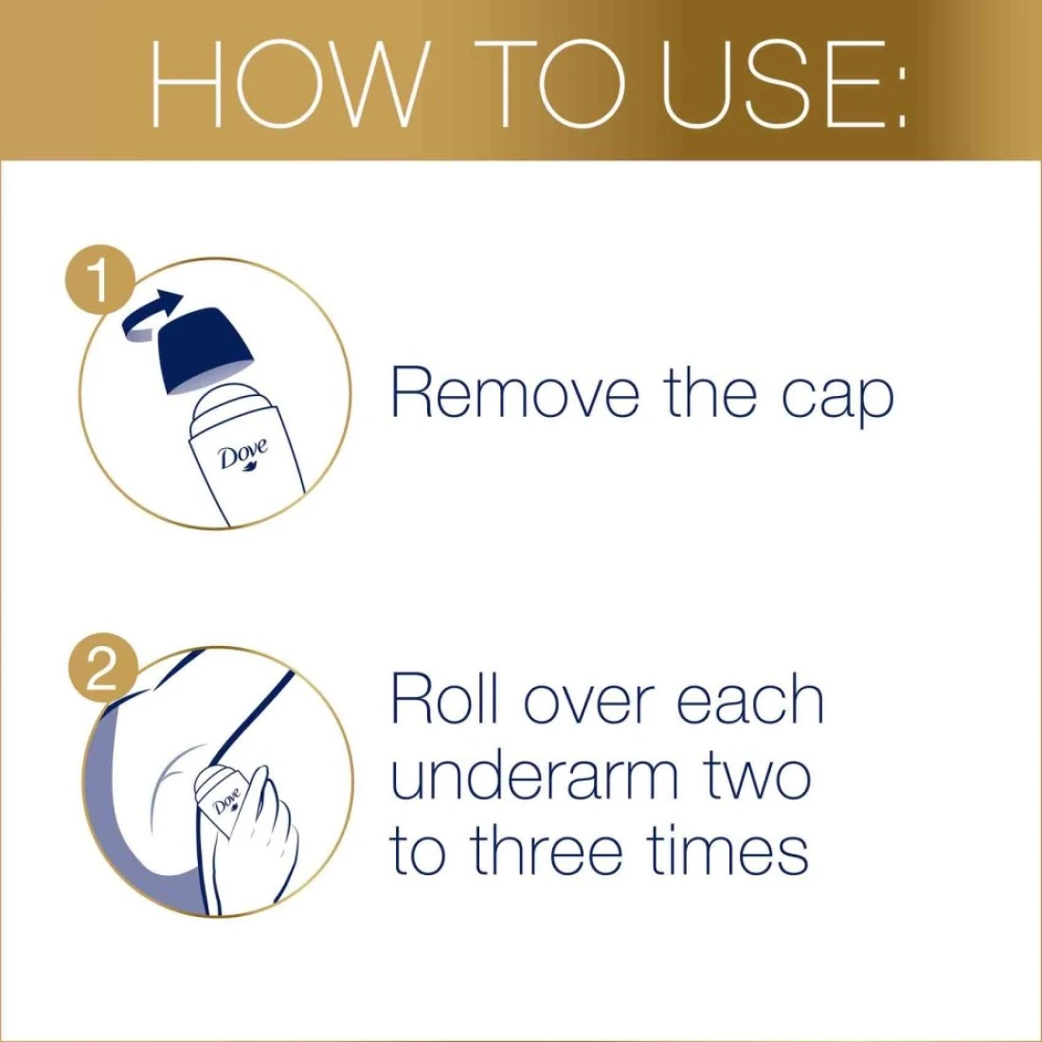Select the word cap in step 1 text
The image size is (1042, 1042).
tap(837, 399)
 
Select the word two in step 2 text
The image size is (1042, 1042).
tap(754, 778)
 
